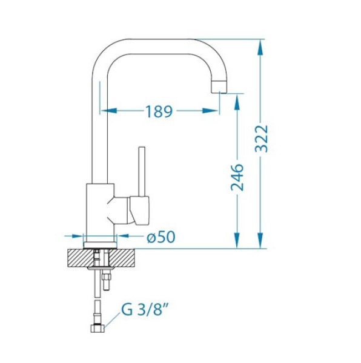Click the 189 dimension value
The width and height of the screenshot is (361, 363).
pos(159,111)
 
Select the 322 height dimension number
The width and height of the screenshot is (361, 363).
pos(261,139)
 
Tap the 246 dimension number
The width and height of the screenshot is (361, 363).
pos(237,177)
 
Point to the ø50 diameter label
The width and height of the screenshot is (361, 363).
pos(161,237)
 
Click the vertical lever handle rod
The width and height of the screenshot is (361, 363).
pos(142,171)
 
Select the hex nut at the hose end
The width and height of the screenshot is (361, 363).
pos(98,329)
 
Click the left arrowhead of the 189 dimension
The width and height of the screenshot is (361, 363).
pos(108,111)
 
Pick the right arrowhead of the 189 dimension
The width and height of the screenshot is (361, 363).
pos(210,111)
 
